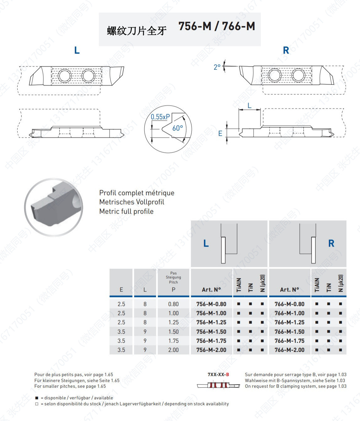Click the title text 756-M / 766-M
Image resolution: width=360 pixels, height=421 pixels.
coord(217,26)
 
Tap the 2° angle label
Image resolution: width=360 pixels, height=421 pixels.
coord(217,67)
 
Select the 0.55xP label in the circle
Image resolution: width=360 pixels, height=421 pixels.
coord(160,117)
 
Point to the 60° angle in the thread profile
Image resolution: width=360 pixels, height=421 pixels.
coord(177,128)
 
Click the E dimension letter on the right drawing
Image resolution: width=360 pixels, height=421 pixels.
coord(220,134)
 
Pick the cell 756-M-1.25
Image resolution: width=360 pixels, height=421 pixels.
coord(211,322)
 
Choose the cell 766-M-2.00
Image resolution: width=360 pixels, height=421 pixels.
coord(289,350)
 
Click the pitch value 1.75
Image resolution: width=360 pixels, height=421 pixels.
coord(173,341)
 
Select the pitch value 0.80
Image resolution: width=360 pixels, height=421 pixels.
coord(173,304)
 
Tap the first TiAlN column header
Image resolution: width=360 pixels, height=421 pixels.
coord(239,285)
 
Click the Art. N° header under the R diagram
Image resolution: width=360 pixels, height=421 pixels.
coord(289,290)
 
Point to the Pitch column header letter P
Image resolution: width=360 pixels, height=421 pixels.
coord(173,290)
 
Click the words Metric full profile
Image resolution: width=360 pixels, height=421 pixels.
coord(126,211)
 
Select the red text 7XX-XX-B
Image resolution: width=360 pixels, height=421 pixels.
coord(218,375)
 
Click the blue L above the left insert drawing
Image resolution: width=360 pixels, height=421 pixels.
coord(77,50)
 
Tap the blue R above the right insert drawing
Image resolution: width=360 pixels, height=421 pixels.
coord(286,50)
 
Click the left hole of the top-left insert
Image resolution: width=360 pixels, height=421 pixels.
coord(65,76)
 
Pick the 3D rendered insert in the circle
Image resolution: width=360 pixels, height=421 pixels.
coord(54,207)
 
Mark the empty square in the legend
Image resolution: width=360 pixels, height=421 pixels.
coord(37,404)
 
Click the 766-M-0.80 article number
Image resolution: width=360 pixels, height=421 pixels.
coord(289,304)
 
